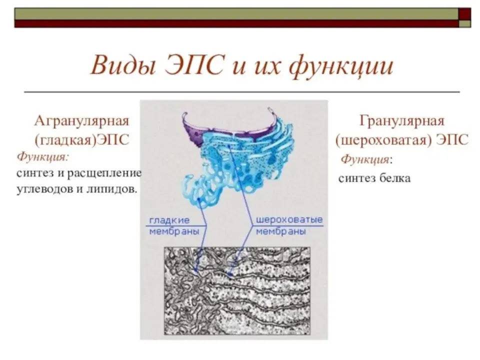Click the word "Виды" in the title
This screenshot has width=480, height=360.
pyautogui.click(x=123, y=65)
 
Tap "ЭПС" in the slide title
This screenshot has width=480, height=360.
pyautogui.click(x=194, y=65)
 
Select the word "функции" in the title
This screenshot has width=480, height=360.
pyautogui.click(x=341, y=66)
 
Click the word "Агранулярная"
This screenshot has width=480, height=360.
pyautogui.click(x=81, y=121)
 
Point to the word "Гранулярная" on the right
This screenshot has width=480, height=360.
pyautogui.click(x=401, y=120)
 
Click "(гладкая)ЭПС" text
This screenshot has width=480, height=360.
pyautogui.click(x=81, y=140)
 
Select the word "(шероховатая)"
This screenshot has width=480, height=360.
pyautogui.click(x=383, y=140)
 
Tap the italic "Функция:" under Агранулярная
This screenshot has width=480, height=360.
pyautogui.click(x=43, y=157)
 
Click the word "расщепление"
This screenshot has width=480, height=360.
pyautogui.click(x=104, y=174)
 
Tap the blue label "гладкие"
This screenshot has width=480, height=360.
pyautogui.click(x=169, y=220)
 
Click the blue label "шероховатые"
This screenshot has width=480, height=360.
pyautogui.click(x=289, y=220)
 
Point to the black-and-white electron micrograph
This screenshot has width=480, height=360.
pyautogui.click(x=237, y=291)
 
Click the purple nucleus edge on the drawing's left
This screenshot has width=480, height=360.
pyautogui.click(x=191, y=132)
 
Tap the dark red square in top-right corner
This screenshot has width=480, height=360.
pyautogui.click(x=464, y=14)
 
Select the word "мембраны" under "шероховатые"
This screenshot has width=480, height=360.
pyautogui.click(x=280, y=231)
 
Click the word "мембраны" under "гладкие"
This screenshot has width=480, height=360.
pyautogui.click(x=174, y=231)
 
